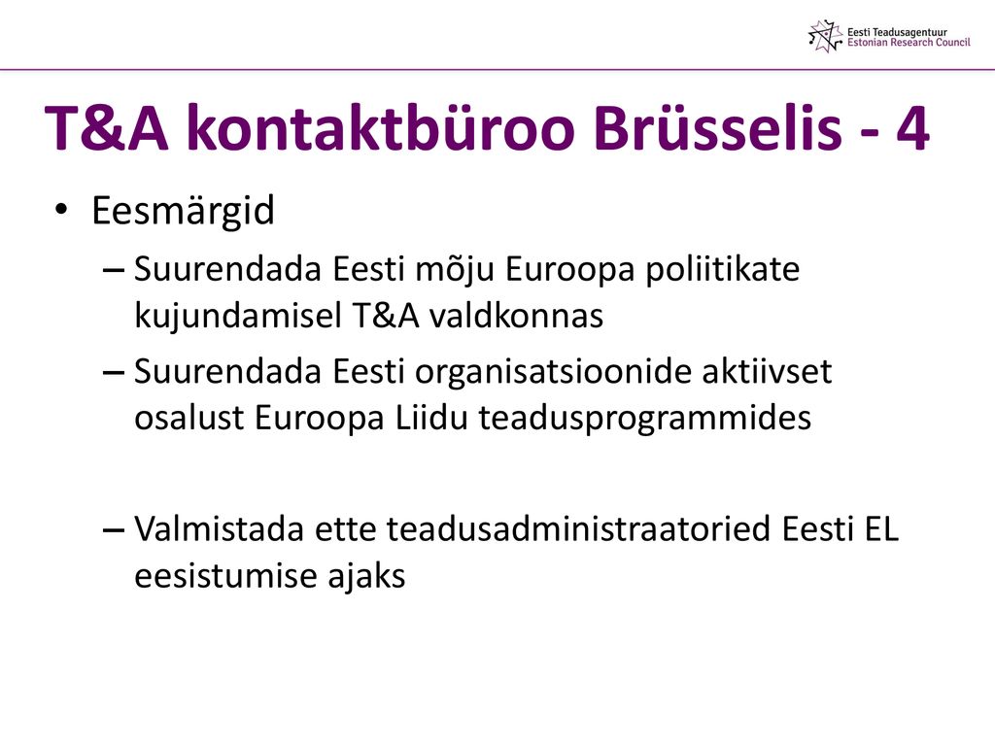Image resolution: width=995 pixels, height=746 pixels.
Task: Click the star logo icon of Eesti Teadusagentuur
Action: [826, 36]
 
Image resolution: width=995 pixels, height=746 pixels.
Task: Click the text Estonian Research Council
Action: [909, 43]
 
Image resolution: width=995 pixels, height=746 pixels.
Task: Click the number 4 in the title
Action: [912, 129]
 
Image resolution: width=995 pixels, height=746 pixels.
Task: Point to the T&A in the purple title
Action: [107, 129]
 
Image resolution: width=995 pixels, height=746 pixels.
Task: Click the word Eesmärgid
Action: [183, 211]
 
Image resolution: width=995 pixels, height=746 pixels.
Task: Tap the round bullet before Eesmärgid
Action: [61, 210]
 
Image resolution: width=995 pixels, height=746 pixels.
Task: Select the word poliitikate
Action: [723, 270]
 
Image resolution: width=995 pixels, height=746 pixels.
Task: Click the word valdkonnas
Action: [516, 316]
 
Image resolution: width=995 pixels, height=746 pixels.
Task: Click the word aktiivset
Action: [767, 371]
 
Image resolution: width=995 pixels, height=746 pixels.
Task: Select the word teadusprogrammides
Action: [645, 419]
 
